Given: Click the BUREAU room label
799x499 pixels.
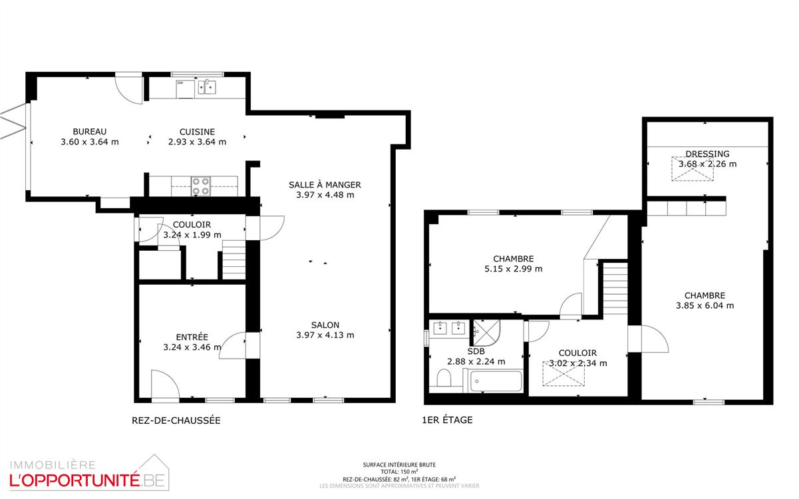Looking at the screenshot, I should (x=90, y=132).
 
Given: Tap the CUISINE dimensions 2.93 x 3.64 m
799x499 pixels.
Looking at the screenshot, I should (x=197, y=142).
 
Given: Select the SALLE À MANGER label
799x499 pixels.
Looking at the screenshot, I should (x=325, y=184).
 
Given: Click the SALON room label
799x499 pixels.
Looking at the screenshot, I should (x=325, y=325).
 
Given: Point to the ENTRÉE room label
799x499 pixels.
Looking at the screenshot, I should (x=192, y=337).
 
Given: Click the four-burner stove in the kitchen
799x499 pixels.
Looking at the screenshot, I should (x=201, y=186).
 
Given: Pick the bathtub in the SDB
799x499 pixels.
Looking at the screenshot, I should (x=496, y=381).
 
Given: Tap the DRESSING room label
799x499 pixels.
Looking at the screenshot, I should (x=708, y=154).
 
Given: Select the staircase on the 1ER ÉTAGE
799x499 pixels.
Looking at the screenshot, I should (x=615, y=288).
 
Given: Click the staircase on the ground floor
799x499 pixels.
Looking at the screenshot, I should (x=234, y=260).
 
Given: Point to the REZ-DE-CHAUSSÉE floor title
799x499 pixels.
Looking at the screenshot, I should (x=176, y=420).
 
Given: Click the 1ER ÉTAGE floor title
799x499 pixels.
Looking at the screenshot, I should (x=447, y=420).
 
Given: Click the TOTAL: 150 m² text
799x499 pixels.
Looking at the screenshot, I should (x=399, y=472).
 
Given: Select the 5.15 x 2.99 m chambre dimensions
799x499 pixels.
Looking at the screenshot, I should (x=518, y=269).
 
